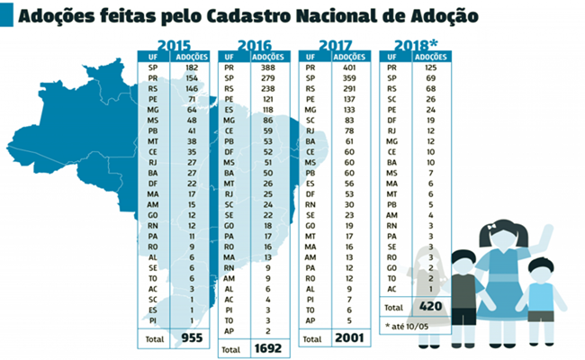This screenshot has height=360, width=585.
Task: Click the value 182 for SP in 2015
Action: [x=190, y=67]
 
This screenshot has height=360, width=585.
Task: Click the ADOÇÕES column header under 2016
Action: [x=270, y=57]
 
